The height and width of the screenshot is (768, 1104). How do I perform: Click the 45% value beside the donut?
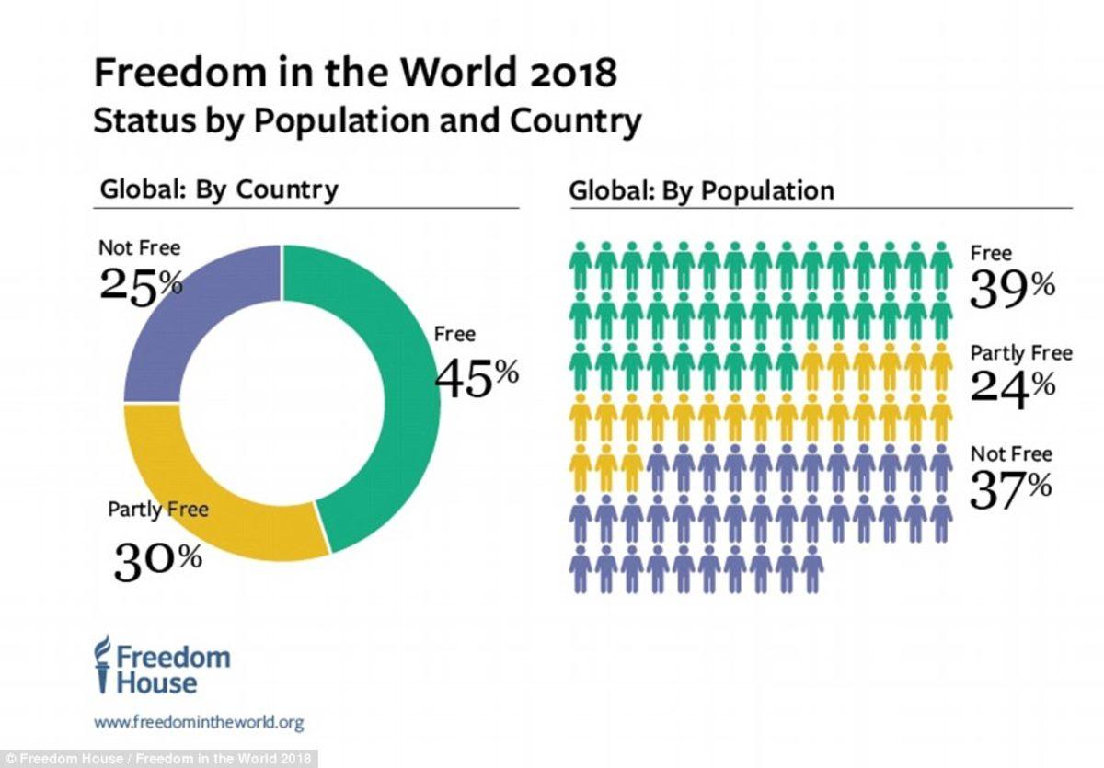(476, 377)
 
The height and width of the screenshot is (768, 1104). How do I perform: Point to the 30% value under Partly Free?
(157, 560)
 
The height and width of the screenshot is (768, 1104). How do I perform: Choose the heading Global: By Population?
(701, 190)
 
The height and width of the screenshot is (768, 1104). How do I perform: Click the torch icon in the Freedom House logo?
(104, 662)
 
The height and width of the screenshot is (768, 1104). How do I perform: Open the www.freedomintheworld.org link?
(199, 722)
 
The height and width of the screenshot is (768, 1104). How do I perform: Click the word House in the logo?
(156, 682)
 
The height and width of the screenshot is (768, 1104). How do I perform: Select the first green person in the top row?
(581, 266)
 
